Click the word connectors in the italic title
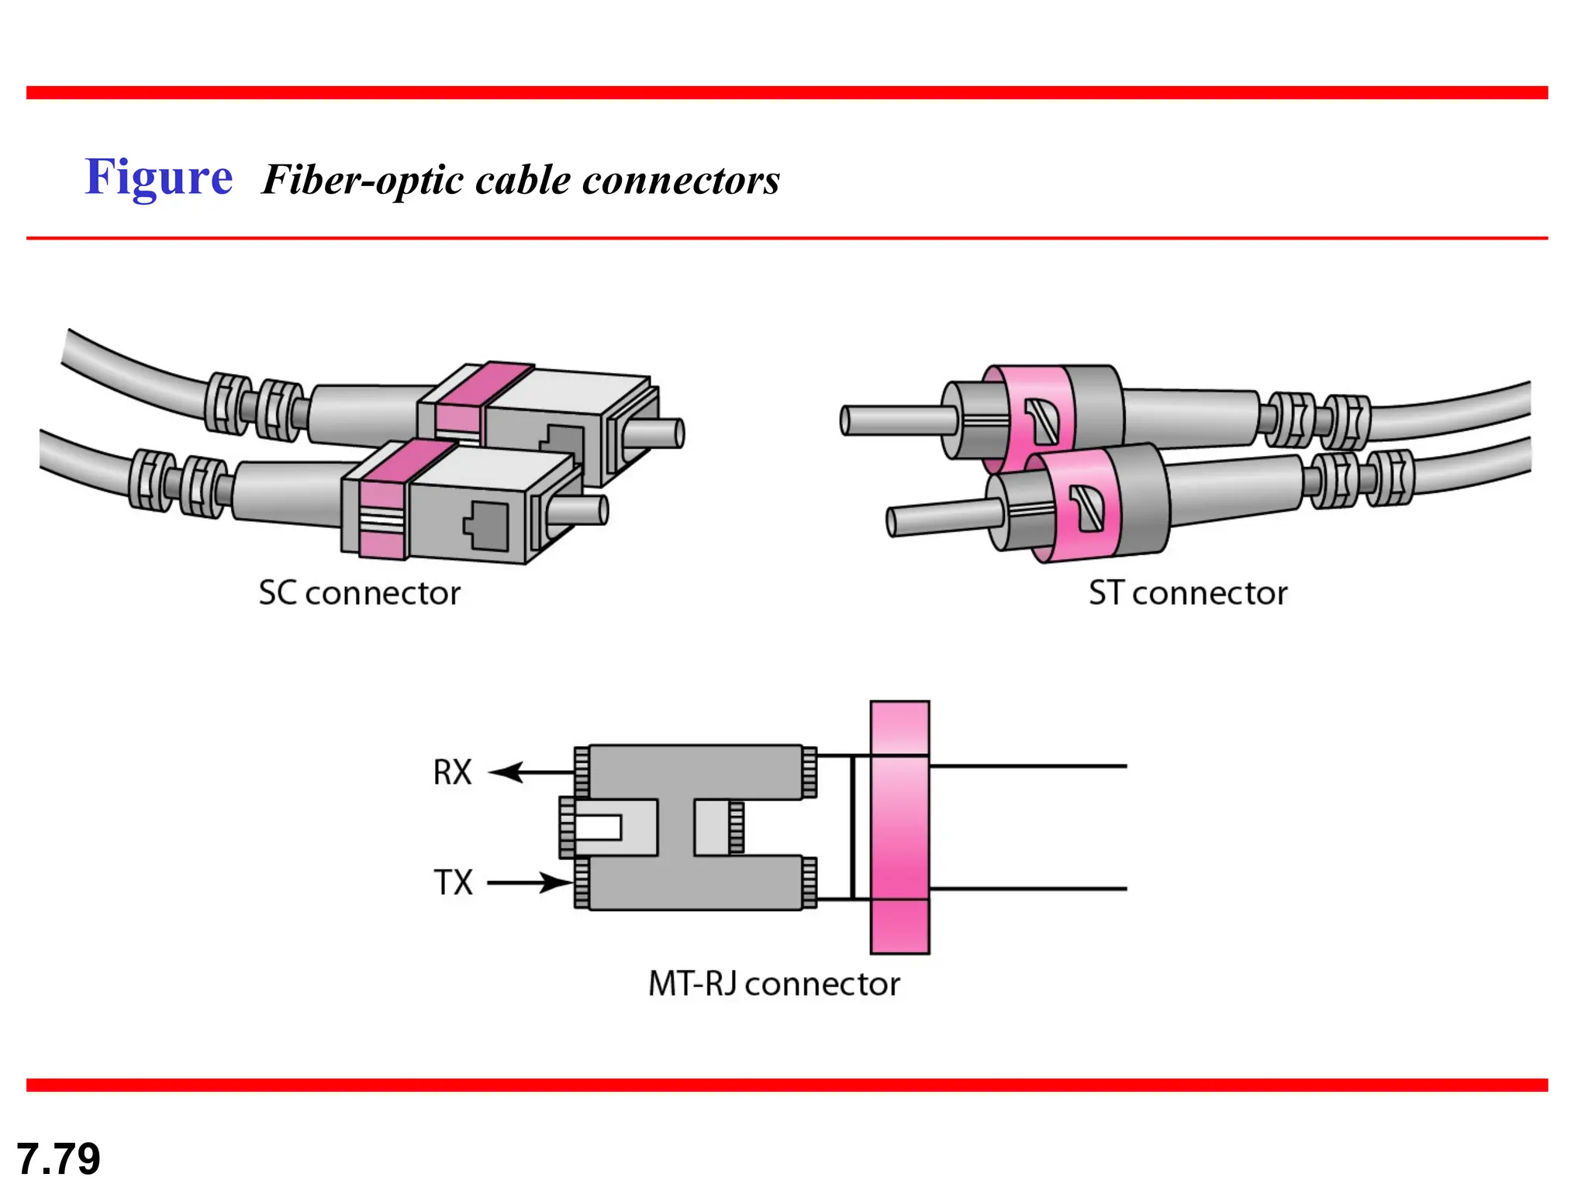coord(680,181)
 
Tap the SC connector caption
coord(359,593)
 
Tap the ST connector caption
coord(1187,593)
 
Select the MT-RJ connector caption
coord(773,984)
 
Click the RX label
coord(452,772)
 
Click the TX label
coord(453,882)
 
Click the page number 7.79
coord(58,1158)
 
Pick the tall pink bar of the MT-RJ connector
coord(899,827)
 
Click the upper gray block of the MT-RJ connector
coord(695,772)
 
